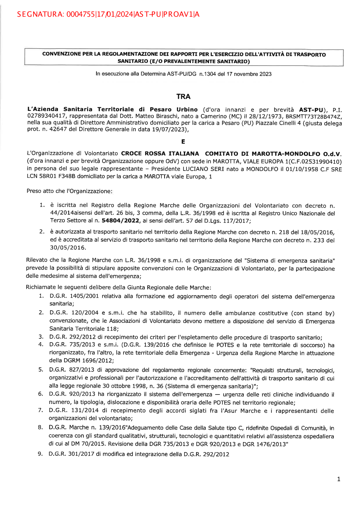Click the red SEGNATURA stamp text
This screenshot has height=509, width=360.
[108, 14]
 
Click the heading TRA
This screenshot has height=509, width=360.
[183, 96]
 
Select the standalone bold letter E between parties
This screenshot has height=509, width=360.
[183, 142]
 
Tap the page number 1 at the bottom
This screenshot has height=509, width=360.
[338, 479]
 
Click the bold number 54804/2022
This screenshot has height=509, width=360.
[120, 221]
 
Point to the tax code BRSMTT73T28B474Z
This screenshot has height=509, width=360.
[314, 116]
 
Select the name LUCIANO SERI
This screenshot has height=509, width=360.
[203, 169]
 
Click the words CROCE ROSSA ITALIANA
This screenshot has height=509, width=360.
[160, 154]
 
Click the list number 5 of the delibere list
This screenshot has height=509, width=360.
[41, 370]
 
